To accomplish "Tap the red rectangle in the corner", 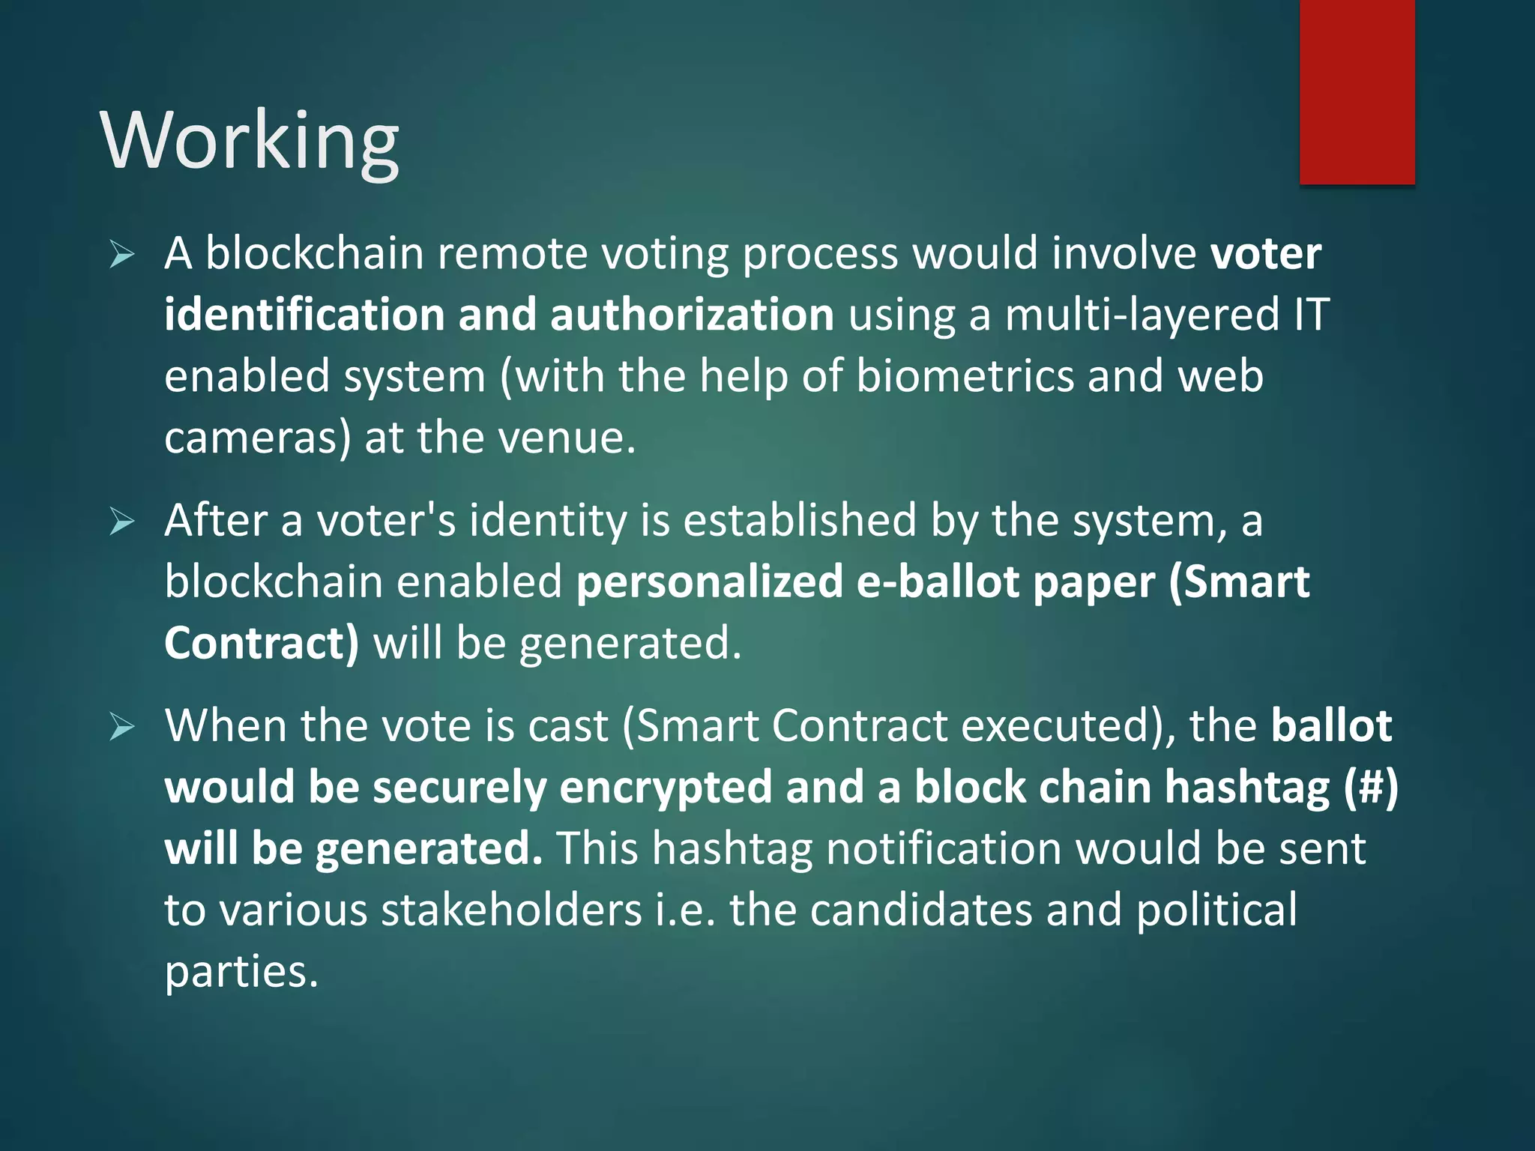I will point(1357,91).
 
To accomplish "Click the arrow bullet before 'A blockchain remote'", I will point(121,255).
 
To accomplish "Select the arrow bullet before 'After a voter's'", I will point(121,522).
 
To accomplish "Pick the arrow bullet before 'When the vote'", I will point(121,727).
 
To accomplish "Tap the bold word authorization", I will point(692,315).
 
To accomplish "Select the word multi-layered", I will point(1142,315).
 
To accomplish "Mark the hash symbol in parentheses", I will point(1371,788).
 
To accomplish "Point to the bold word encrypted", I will point(666,788).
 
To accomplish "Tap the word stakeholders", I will point(512,910).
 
